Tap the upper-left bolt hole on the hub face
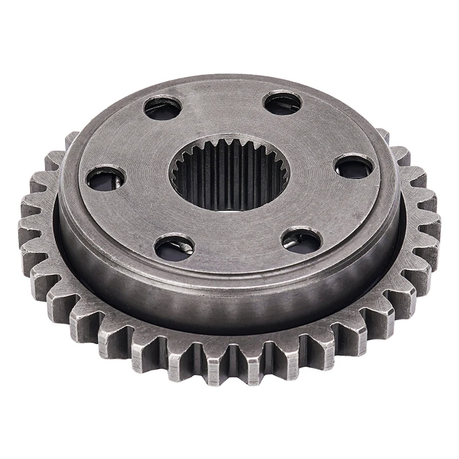pos(163,107)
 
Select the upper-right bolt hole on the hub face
pos(282,103)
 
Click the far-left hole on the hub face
pos(106,178)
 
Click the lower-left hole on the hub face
pos(174,247)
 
